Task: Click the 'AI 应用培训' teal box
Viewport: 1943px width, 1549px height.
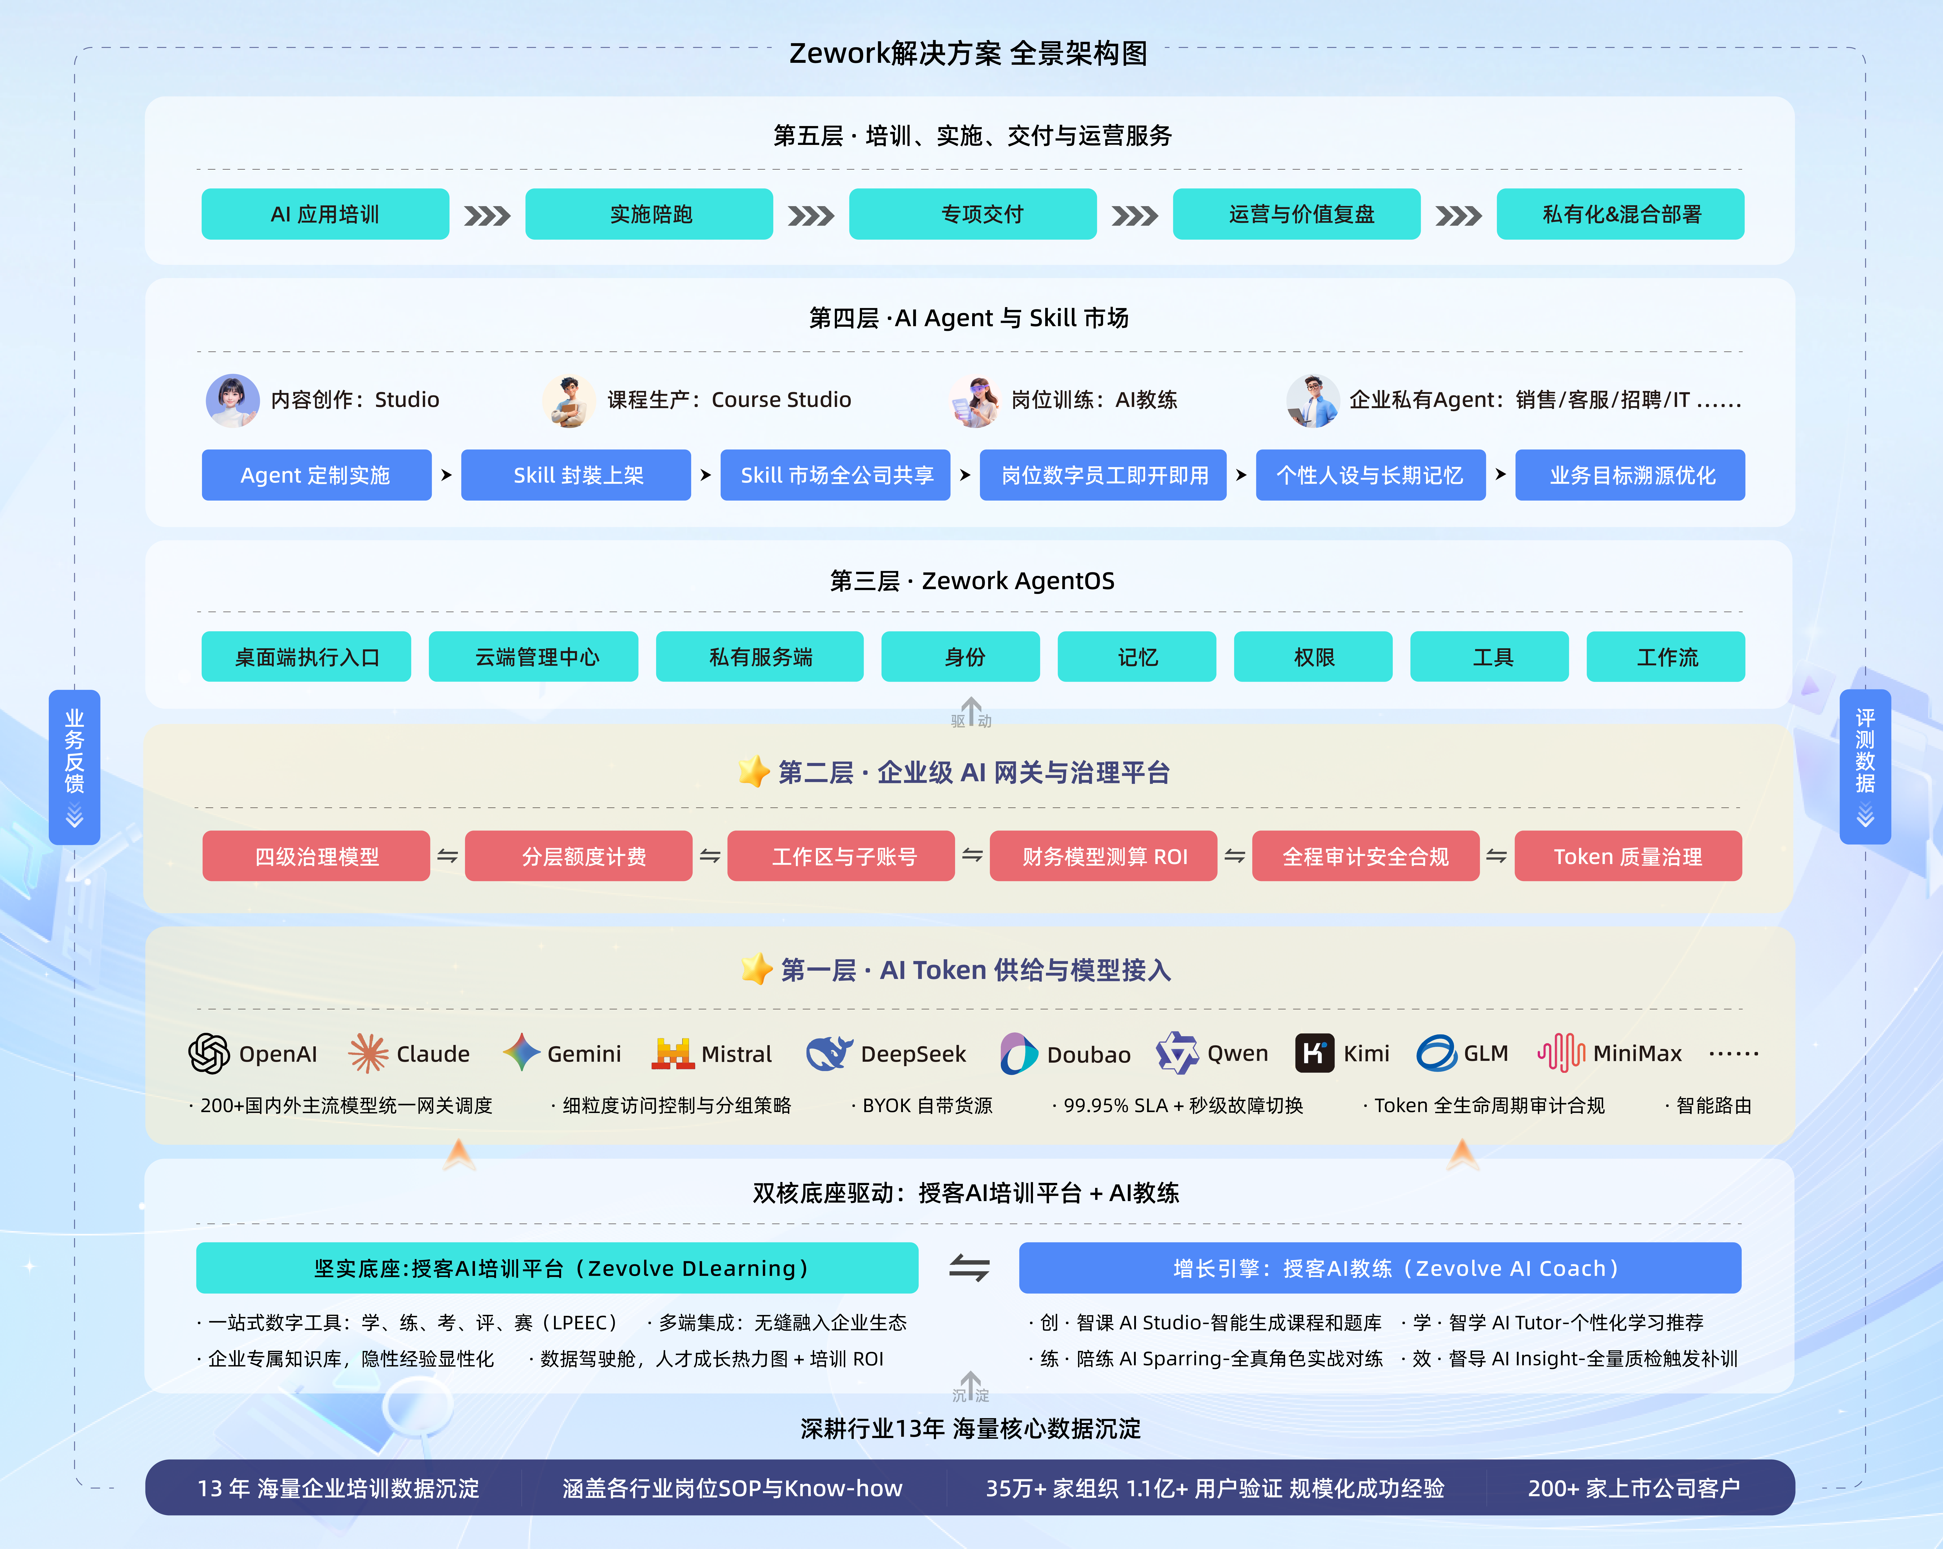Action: pos(325,215)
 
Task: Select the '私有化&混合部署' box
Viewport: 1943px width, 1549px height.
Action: pos(1620,215)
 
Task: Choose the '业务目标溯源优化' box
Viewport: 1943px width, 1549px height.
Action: pos(1630,475)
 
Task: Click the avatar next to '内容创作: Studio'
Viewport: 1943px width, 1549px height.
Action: pos(233,400)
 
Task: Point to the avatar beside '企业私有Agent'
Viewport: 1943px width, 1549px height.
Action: pos(1313,400)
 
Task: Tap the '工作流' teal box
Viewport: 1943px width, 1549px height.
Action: pos(1665,657)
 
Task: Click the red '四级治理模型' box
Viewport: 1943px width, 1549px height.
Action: pos(316,856)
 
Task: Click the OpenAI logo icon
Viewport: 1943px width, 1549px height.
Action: pos(209,1053)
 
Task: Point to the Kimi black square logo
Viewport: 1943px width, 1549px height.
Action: pos(1314,1053)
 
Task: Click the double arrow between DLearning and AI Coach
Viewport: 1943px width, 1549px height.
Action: pos(969,1269)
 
